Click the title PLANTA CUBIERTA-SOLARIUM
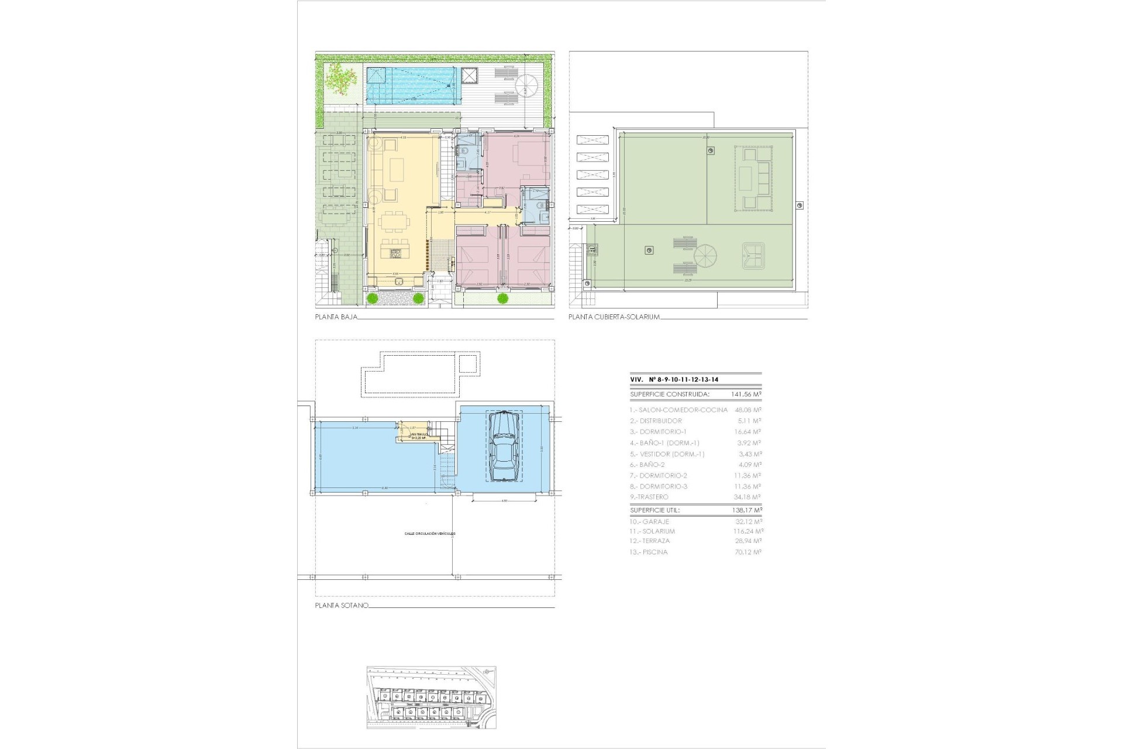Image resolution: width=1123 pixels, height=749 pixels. coord(614,317)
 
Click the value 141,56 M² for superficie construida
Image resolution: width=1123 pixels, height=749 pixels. coord(746,394)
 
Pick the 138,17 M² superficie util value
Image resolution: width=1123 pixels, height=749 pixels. coord(746,510)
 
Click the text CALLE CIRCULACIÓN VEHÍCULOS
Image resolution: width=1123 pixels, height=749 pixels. coord(429,534)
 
